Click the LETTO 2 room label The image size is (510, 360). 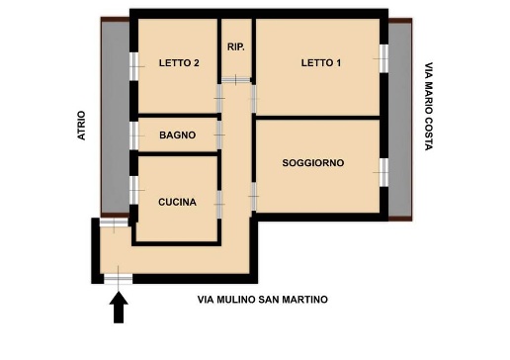pyautogui.click(x=179, y=63)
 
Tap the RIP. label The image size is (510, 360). pyautogui.click(x=236, y=46)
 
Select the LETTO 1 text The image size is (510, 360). pyautogui.click(x=321, y=63)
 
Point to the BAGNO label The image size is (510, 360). pyautogui.click(x=177, y=135)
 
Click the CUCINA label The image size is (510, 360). pyautogui.click(x=177, y=202)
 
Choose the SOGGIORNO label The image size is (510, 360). pyautogui.click(x=312, y=163)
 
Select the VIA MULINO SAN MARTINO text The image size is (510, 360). pyautogui.click(x=262, y=300)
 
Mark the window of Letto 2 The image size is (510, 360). pyautogui.click(x=133, y=64)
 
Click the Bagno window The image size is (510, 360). pyautogui.click(x=133, y=135)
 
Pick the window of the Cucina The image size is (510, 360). pyautogui.click(x=133, y=188)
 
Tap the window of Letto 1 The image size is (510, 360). pyautogui.click(x=383, y=58)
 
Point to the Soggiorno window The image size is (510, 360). pyautogui.click(x=383, y=172)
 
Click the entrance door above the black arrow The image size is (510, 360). pyautogui.click(x=119, y=280)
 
